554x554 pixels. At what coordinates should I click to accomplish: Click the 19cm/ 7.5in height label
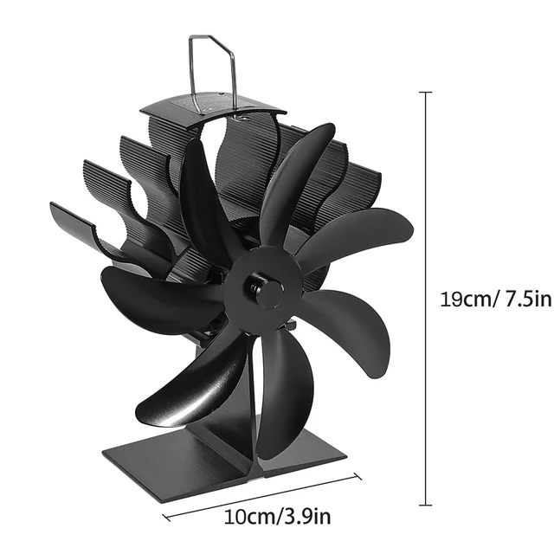pos(483,299)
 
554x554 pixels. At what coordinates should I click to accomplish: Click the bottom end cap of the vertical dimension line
pos(426,505)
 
